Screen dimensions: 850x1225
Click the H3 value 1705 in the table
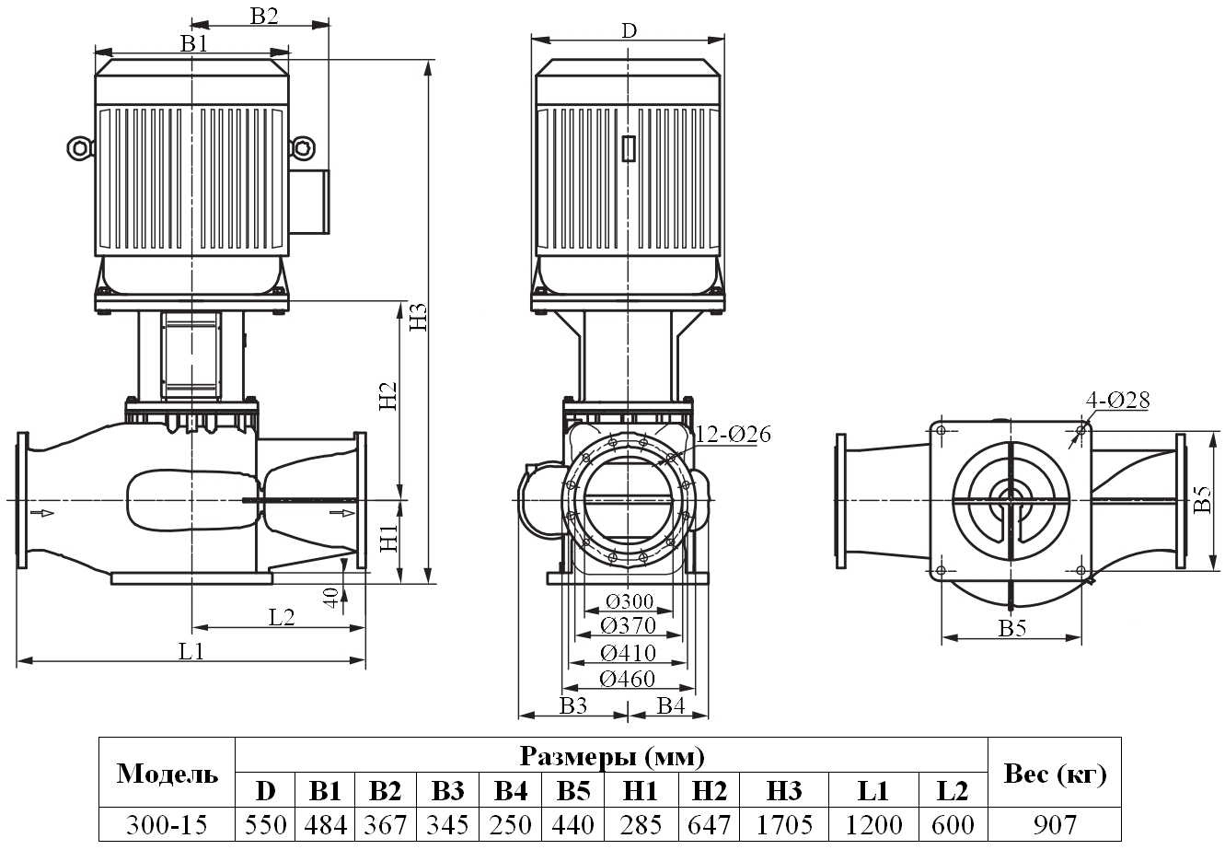click(x=783, y=823)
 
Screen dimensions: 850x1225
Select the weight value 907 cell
click(x=1055, y=823)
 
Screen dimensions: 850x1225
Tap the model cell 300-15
click(x=167, y=823)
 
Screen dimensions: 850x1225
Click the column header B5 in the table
click(x=574, y=791)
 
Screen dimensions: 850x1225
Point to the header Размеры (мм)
click(x=612, y=757)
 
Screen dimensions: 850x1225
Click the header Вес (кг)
click(x=1055, y=774)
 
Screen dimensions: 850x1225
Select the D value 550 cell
click(x=265, y=823)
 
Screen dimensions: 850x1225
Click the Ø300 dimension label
click(x=630, y=602)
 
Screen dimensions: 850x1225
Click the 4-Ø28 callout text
click(x=1117, y=400)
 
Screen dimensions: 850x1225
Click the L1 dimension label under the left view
click(x=191, y=651)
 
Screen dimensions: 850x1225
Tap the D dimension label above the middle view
click(x=628, y=29)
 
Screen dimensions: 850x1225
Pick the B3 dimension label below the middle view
click(x=572, y=705)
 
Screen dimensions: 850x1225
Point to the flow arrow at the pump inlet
click(x=41, y=512)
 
